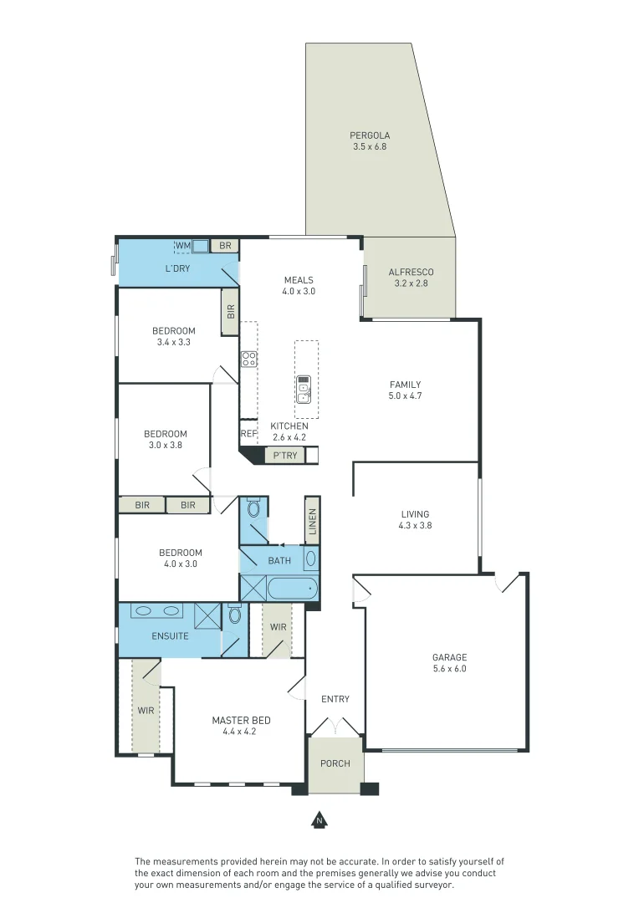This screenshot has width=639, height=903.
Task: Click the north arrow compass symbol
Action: click(x=319, y=820)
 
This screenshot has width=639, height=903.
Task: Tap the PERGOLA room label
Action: click(x=370, y=135)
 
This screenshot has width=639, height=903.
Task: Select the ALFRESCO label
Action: click(x=411, y=272)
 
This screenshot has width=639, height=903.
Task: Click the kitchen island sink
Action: click(x=304, y=390)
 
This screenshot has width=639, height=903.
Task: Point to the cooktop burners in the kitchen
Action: click(x=249, y=360)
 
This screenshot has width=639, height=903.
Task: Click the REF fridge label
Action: click(x=248, y=434)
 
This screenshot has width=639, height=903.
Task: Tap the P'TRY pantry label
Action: click(x=285, y=456)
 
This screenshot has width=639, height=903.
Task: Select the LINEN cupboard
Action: click(x=312, y=521)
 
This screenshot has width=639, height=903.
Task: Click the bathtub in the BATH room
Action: click(x=293, y=589)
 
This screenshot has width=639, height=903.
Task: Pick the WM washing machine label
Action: click(x=182, y=245)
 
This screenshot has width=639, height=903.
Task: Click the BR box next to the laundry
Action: click(x=225, y=245)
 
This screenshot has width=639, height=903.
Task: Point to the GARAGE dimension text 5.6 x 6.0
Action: click(x=449, y=669)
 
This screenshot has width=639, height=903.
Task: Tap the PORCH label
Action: click(x=335, y=763)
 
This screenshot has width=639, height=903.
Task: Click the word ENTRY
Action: click(x=335, y=699)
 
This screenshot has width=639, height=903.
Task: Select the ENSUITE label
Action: click(x=170, y=636)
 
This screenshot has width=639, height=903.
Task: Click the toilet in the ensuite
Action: click(x=234, y=615)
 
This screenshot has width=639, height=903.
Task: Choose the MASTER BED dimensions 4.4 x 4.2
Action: click(x=239, y=732)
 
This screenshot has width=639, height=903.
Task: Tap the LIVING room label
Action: click(x=415, y=514)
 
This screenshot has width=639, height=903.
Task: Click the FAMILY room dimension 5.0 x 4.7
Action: click(x=405, y=395)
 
